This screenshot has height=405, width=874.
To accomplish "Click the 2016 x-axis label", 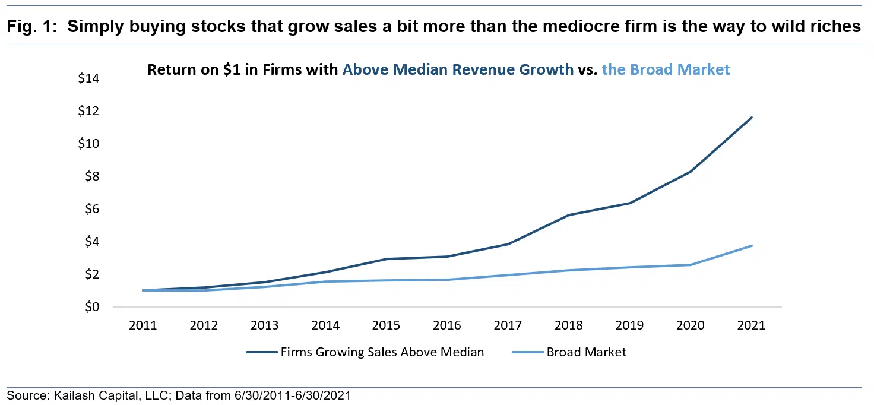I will tap(447, 325).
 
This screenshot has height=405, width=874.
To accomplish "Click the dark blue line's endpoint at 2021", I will tap(752, 118).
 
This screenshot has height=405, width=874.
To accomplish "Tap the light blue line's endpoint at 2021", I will tap(752, 246).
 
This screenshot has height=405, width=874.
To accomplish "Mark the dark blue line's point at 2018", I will tap(569, 215).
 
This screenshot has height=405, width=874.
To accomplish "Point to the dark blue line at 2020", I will tap(691, 172).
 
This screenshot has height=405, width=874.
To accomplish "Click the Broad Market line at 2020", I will tap(691, 265).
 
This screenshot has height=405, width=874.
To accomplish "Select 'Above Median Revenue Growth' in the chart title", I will tap(458, 69).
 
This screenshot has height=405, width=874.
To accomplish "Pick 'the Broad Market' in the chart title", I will tap(666, 69).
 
